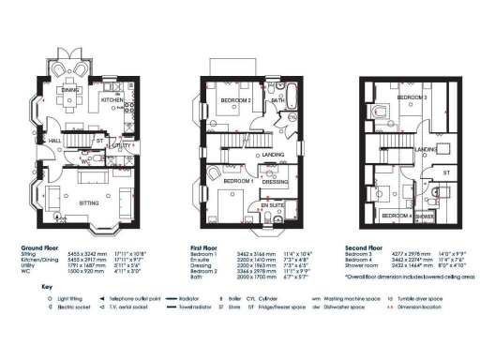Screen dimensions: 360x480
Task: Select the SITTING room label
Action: click(x=89, y=201)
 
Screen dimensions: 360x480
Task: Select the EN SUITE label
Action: click(x=273, y=203)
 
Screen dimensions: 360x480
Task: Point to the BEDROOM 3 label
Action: click(x=412, y=97)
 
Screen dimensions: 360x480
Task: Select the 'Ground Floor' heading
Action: click(x=40, y=247)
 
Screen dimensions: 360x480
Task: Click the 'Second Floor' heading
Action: click(x=365, y=247)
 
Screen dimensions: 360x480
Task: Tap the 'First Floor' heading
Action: click(x=204, y=247)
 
